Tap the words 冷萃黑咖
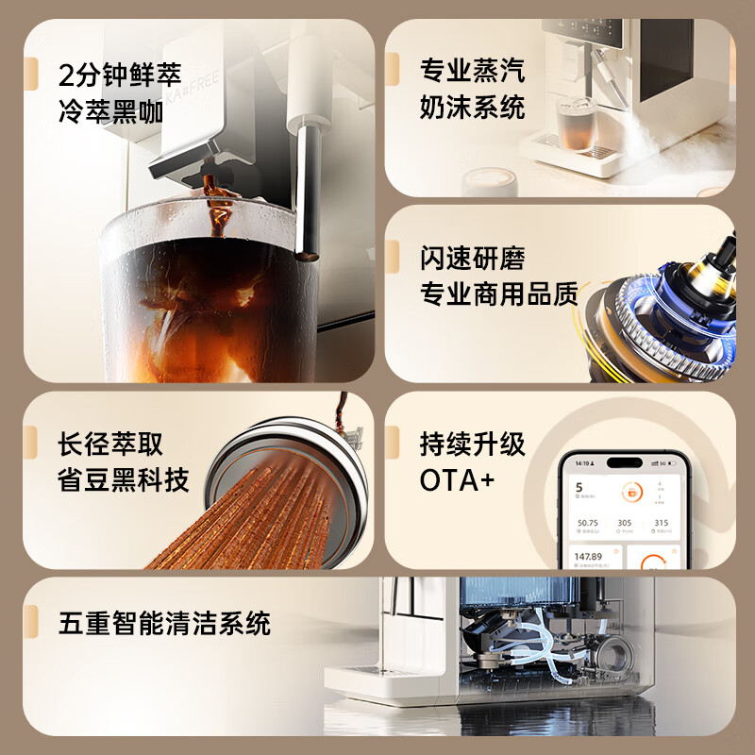110,111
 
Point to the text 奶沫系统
472,107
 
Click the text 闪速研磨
472,259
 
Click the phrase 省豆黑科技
124,480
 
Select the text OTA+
457,480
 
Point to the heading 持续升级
472,444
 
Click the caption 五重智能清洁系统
164,623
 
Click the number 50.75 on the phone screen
588,522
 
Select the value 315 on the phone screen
661,522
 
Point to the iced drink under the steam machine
574,125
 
